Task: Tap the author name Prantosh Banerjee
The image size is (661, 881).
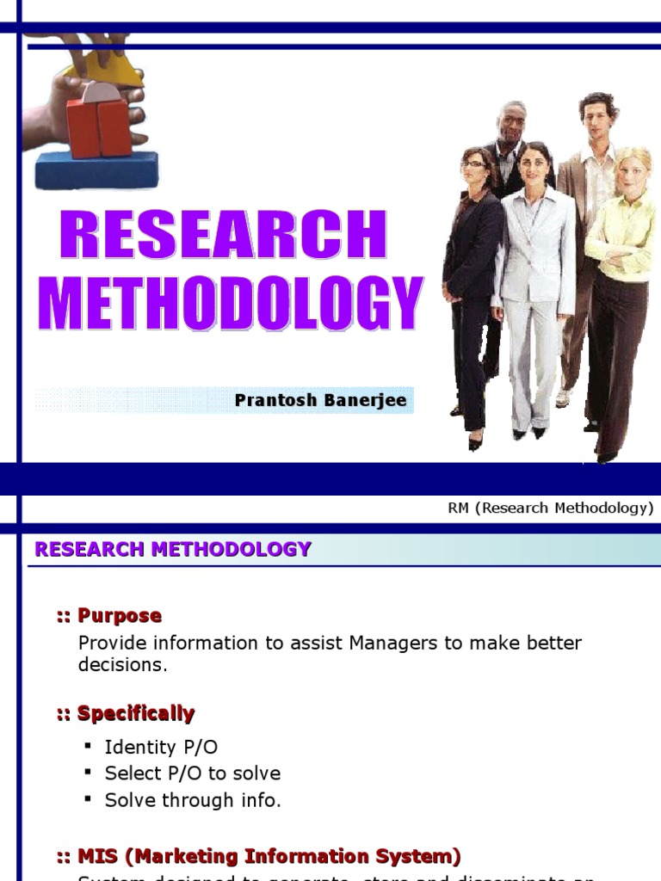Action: click(x=320, y=401)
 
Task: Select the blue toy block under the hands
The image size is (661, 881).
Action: click(x=96, y=169)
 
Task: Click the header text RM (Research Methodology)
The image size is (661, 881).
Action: click(x=550, y=508)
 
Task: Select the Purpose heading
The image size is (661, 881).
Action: click(x=119, y=616)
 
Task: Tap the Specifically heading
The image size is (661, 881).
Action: click(x=135, y=714)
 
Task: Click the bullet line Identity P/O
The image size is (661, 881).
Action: click(x=161, y=747)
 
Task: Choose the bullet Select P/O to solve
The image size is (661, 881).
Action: click(x=192, y=773)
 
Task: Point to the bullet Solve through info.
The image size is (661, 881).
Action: click(x=193, y=800)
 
